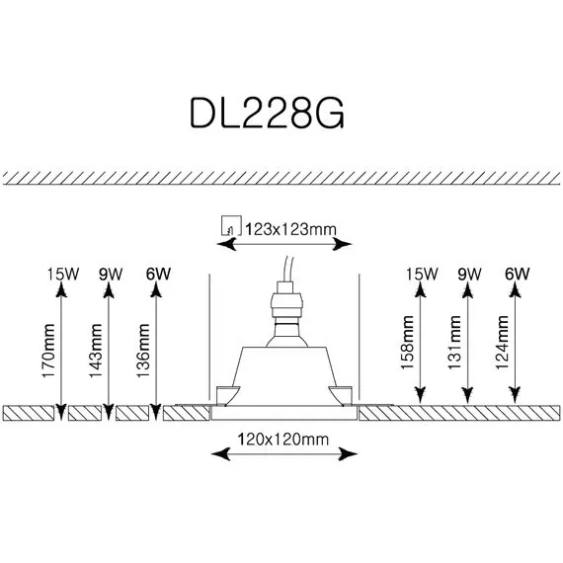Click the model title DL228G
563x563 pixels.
point(267,113)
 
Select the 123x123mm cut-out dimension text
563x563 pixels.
point(290,229)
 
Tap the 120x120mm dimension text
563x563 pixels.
point(282,440)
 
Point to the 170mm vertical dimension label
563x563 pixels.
point(48,351)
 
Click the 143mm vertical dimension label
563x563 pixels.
point(96,351)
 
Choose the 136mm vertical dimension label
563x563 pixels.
point(143,351)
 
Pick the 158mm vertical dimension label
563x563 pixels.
point(407,342)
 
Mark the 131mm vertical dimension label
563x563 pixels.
point(454,342)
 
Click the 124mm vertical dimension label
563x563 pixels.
point(502,342)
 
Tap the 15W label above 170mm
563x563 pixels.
point(63,275)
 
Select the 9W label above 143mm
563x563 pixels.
point(111,275)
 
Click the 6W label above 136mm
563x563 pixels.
point(158,275)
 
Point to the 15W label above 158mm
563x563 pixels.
point(422,275)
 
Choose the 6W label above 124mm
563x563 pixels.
point(517,275)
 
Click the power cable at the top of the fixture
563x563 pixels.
point(289,269)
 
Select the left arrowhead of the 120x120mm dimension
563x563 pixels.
point(220,453)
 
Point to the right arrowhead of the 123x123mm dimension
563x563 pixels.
point(342,245)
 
